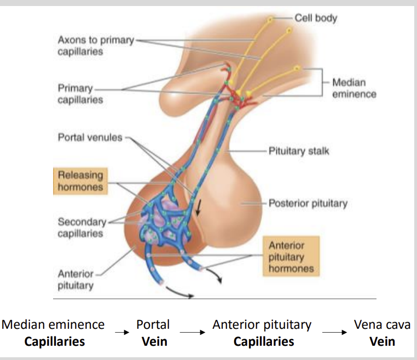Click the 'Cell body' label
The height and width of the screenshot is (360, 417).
(x=316, y=18)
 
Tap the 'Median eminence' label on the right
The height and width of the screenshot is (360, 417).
(x=354, y=88)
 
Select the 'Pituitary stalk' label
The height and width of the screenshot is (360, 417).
(x=299, y=150)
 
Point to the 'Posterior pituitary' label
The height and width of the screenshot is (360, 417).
(x=308, y=204)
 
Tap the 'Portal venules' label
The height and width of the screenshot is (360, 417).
(x=90, y=137)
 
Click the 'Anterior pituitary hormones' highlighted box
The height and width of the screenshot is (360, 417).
(x=291, y=257)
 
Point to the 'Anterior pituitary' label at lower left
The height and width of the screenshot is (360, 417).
(x=76, y=279)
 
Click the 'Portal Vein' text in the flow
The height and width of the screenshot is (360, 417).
(x=153, y=333)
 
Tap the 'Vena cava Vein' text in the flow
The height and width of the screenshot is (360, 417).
(x=382, y=333)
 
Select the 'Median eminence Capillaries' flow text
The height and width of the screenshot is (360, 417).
(x=54, y=333)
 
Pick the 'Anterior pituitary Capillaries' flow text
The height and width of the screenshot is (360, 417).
(x=263, y=333)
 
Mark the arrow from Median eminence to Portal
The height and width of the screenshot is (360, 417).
(x=121, y=331)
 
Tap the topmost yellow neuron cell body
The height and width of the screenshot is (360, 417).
(x=270, y=21)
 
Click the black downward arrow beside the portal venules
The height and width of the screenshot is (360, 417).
(x=199, y=207)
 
